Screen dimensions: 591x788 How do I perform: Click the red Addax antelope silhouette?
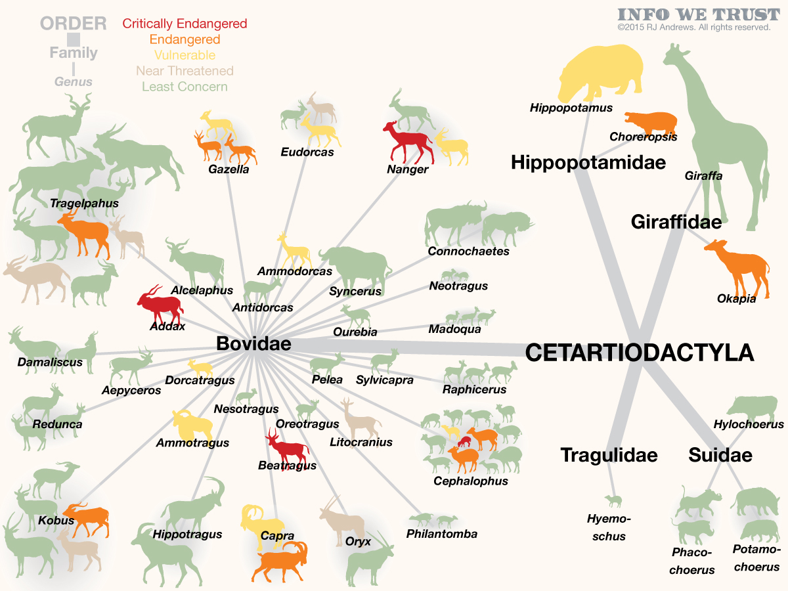pyautogui.click(x=160, y=304)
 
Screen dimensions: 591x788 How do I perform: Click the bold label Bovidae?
pyautogui.click(x=253, y=343)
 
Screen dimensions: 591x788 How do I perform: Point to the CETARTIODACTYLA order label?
pyautogui.click(x=639, y=353)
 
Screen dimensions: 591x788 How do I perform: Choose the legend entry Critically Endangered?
pyautogui.click(x=185, y=24)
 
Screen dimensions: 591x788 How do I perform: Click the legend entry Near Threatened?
pyautogui.click(x=185, y=71)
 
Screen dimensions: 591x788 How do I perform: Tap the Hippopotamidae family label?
pyautogui.click(x=588, y=162)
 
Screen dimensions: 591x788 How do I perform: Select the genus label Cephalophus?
pyautogui.click(x=471, y=481)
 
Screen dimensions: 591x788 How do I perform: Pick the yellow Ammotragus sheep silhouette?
pyautogui.click(x=193, y=424)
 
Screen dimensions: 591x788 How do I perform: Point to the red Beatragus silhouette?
pyautogui.click(x=286, y=447)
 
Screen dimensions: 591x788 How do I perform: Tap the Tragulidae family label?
pyautogui.click(x=609, y=454)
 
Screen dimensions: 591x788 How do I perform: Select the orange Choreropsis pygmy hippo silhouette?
pyautogui.click(x=650, y=121)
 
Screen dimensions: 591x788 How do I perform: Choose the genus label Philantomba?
pyautogui.click(x=441, y=534)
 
